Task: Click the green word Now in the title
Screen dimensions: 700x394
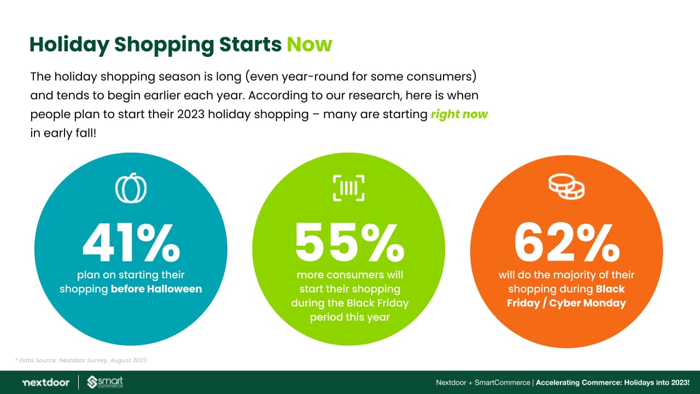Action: (x=310, y=44)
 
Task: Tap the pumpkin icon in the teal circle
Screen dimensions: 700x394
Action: (x=131, y=188)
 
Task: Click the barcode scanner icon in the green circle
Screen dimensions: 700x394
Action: (x=349, y=188)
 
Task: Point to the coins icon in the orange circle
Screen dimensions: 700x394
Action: (x=566, y=187)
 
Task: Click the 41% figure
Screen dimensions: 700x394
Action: (x=131, y=242)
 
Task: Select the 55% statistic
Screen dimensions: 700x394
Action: (x=349, y=242)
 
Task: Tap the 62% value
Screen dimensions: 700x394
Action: (x=567, y=242)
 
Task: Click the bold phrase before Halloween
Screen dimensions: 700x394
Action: (x=156, y=289)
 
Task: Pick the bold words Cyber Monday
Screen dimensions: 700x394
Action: (x=587, y=303)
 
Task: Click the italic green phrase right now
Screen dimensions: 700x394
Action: (x=459, y=114)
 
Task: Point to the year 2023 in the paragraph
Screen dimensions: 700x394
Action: (x=191, y=114)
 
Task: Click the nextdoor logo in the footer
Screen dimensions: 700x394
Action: (x=46, y=383)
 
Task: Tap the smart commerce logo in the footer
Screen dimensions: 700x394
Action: (x=105, y=383)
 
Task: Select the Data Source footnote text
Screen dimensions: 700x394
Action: (x=81, y=360)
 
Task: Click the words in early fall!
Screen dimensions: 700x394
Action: (x=63, y=133)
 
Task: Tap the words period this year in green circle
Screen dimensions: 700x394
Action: (x=349, y=317)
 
